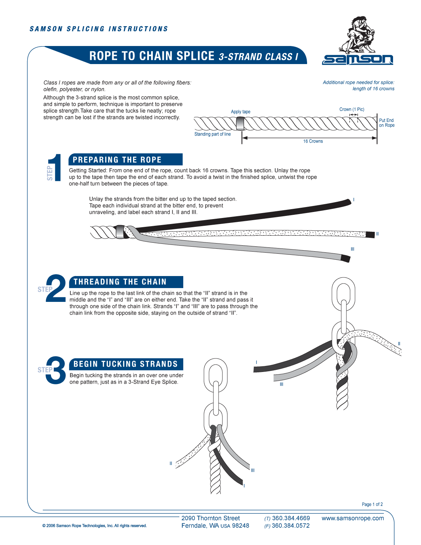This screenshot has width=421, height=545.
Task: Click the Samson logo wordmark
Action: click(x=357, y=59)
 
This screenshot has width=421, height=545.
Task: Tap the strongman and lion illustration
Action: click(x=357, y=35)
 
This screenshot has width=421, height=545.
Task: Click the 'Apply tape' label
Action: click(x=241, y=112)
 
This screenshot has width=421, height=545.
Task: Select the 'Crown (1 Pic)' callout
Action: click(x=352, y=109)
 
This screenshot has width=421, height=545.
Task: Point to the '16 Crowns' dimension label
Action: click(x=313, y=141)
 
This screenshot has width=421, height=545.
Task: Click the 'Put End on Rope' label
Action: click(x=386, y=123)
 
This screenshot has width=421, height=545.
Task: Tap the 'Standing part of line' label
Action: click(x=212, y=134)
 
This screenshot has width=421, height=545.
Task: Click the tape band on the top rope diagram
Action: click(x=240, y=124)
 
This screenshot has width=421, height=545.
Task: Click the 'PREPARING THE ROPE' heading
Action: click(x=117, y=160)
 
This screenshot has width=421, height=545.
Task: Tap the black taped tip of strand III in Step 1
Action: click(x=345, y=258)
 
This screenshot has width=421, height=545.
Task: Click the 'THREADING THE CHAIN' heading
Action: click(x=120, y=282)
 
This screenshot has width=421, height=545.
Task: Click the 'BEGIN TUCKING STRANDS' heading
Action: click(x=126, y=364)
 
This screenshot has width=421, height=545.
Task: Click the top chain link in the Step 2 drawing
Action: click(x=343, y=293)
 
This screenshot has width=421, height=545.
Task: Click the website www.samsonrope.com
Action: click(x=353, y=518)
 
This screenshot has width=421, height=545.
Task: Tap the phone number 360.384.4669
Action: click(x=291, y=518)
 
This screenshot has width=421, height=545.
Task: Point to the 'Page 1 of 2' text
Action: click(x=372, y=504)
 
